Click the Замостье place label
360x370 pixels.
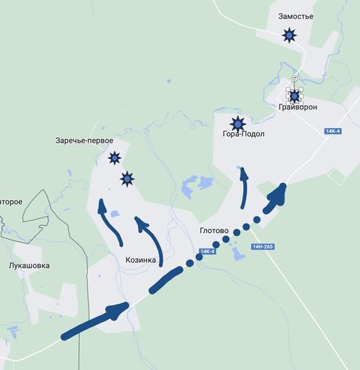click(x=296, y=16)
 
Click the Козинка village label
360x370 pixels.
click(x=140, y=260)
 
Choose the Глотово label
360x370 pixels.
click(x=215, y=230)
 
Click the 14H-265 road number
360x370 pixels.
click(x=262, y=246)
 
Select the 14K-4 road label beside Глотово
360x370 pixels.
click(x=207, y=252)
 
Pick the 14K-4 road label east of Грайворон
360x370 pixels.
click(x=333, y=131)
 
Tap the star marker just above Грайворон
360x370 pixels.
click(x=294, y=95)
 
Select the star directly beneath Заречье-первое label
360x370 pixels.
click(x=115, y=157)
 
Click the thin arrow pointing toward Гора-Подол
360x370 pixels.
click(x=244, y=189)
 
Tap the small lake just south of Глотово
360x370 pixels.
click(x=237, y=254)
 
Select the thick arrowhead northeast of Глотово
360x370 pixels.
click(x=278, y=193)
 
